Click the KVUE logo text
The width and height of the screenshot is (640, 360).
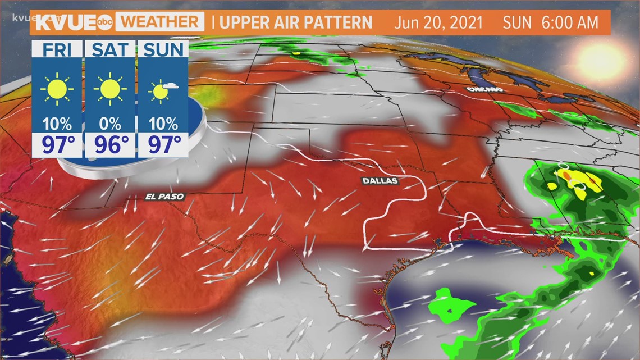(x=67, y=22)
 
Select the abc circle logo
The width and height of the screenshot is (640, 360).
(x=106, y=23)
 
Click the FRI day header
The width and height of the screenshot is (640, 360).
(x=57, y=49)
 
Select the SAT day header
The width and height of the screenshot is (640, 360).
(x=110, y=49)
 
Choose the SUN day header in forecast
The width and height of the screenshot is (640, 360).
(x=163, y=49)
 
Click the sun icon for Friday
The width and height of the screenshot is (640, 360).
(x=57, y=89)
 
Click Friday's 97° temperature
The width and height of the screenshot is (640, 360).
(x=57, y=145)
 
